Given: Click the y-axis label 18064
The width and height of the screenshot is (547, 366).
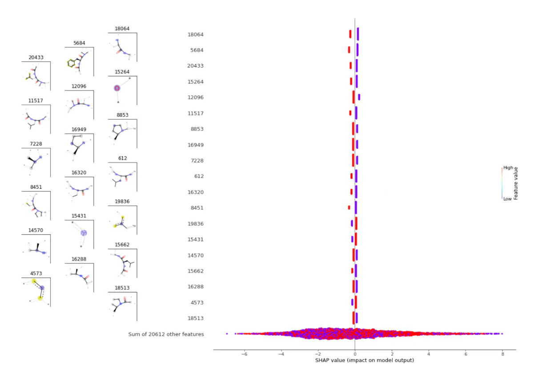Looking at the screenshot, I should [196, 34].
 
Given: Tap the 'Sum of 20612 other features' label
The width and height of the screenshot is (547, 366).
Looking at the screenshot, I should [166, 334].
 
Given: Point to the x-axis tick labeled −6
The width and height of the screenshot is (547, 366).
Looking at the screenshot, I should [244, 354].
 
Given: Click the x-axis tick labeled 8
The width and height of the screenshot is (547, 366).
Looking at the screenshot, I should [503, 354].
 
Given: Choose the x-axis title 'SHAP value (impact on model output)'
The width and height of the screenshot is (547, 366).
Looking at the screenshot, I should [365, 360].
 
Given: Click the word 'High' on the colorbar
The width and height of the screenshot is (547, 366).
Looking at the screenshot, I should [508, 168].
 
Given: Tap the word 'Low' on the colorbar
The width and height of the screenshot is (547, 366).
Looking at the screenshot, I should [507, 199].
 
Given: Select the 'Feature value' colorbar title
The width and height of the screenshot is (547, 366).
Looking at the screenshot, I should [516, 183].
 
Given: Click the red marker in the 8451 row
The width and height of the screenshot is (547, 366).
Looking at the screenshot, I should [349, 207].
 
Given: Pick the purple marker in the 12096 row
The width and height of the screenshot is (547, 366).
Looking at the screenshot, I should [359, 97].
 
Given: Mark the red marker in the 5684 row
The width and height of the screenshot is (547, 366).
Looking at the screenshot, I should [349, 50].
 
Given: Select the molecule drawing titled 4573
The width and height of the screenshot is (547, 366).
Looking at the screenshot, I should [36, 292].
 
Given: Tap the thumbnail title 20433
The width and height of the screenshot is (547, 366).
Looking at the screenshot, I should [36, 57].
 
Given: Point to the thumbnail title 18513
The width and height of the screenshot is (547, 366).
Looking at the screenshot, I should [122, 288].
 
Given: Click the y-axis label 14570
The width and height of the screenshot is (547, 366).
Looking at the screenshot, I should [196, 255].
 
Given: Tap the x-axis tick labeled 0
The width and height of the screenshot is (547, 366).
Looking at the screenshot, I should [355, 354].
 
